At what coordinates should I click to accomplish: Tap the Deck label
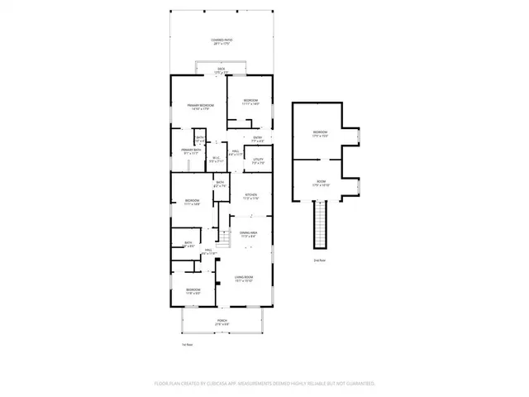(x=221, y=69)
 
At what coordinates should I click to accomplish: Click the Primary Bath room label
(x=192, y=151)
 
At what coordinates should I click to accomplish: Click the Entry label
(x=257, y=138)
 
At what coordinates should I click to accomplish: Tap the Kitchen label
(x=251, y=197)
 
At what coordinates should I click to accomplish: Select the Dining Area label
(x=249, y=235)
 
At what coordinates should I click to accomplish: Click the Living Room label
(x=243, y=279)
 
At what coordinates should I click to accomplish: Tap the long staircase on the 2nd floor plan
(x=320, y=225)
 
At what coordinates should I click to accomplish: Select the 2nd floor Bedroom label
(x=320, y=133)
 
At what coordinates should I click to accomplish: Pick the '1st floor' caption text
(x=187, y=345)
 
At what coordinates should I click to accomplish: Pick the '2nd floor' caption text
(x=319, y=260)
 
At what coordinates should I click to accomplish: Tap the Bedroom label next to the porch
(x=192, y=290)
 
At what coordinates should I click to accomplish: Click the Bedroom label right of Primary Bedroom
(x=250, y=103)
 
